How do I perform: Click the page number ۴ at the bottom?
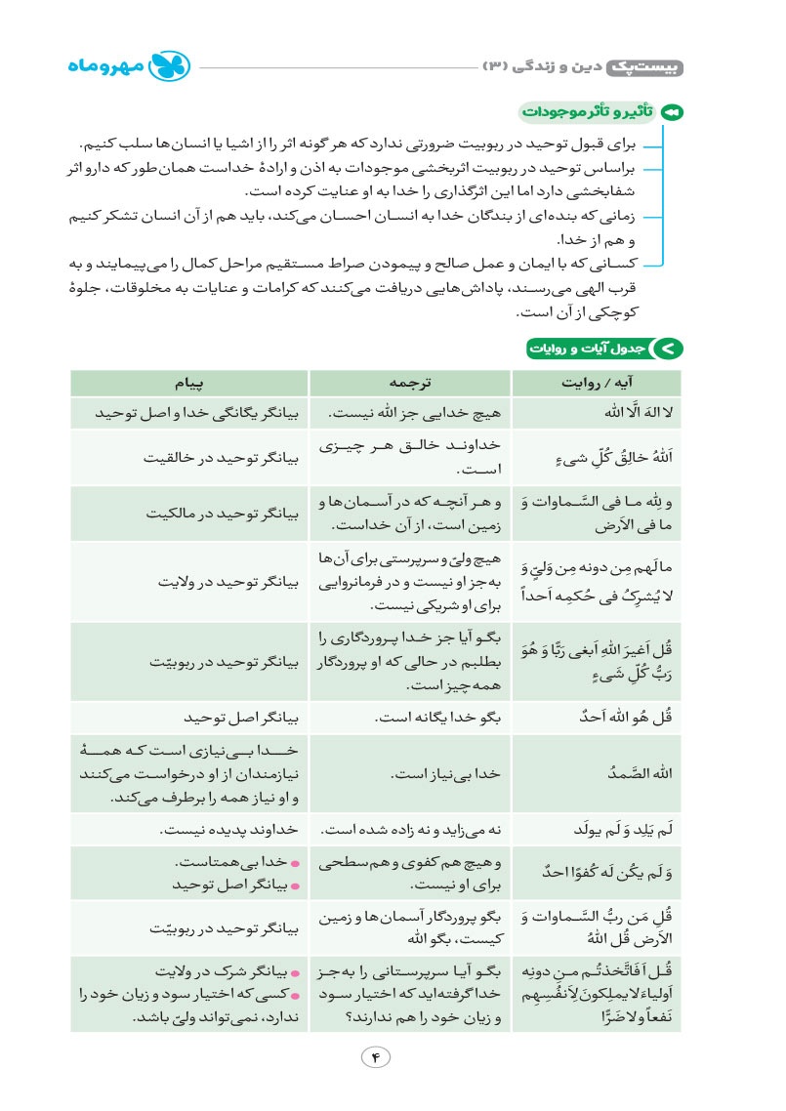375,1057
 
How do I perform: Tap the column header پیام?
189,382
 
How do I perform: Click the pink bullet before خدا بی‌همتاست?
296,863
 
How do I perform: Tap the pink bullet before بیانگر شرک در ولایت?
296,972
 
